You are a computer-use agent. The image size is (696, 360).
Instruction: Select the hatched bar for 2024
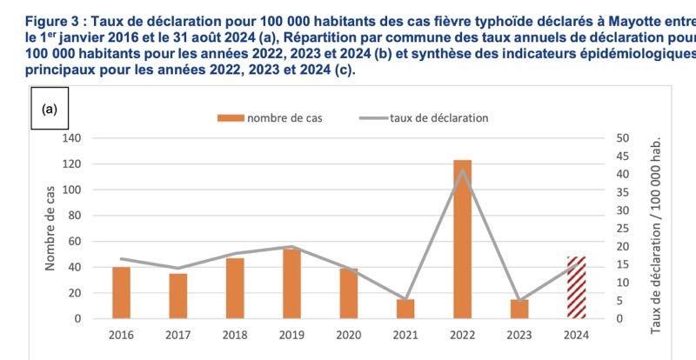tap(576, 288)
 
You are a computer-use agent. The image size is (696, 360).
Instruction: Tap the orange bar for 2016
tap(121, 293)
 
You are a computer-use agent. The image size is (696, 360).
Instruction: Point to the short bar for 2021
tap(405, 309)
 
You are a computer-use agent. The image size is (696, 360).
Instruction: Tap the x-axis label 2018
tap(235, 335)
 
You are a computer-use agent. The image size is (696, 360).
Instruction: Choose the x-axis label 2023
tap(519, 335)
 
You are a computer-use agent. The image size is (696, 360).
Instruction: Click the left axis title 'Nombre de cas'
tap(50, 228)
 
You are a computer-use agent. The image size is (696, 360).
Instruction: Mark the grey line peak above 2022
tap(463, 170)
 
